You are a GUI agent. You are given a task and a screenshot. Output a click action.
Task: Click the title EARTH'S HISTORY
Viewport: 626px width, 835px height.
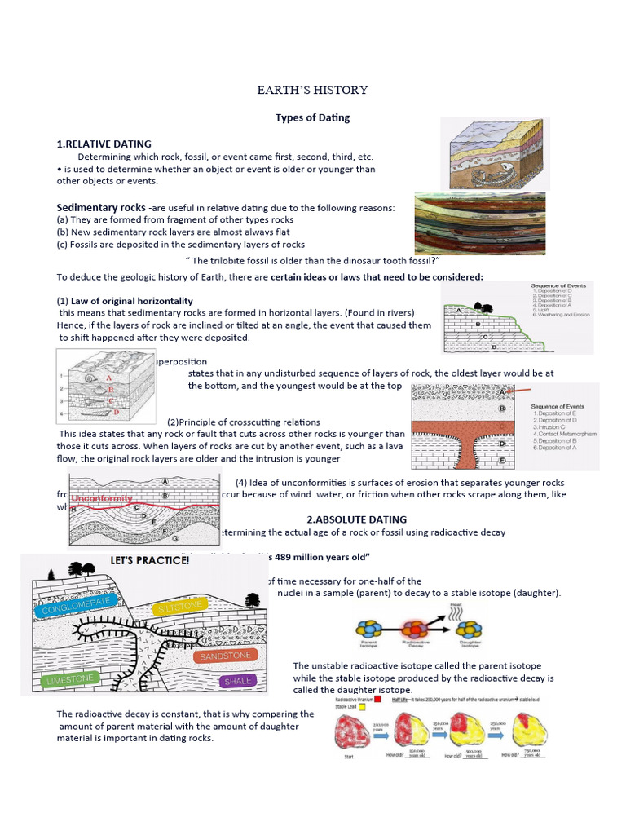(312, 90)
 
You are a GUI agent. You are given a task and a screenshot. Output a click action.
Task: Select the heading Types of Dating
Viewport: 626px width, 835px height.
(312, 117)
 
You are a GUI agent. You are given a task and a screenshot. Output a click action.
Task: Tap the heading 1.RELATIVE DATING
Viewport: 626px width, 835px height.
(104, 144)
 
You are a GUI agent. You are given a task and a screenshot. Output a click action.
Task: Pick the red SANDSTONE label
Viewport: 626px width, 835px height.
(226, 655)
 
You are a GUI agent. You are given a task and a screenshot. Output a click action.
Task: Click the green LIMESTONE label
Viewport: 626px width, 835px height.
(71, 678)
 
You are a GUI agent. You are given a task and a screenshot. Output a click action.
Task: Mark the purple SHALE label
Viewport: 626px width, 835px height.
(237, 680)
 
